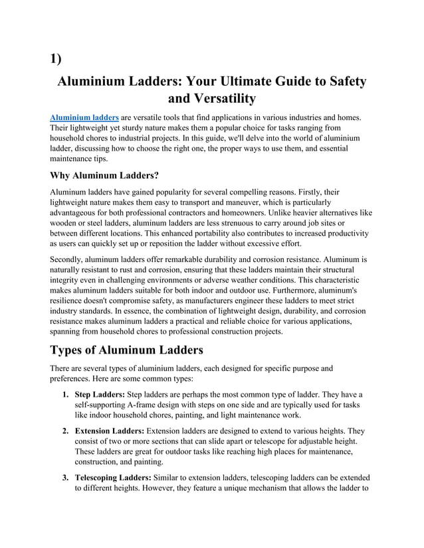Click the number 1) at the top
click(56, 58)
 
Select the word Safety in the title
click(343, 82)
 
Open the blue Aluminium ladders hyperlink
click(85, 117)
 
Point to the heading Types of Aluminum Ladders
click(127, 350)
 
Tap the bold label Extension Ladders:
click(110, 431)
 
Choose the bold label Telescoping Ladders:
click(114, 478)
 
